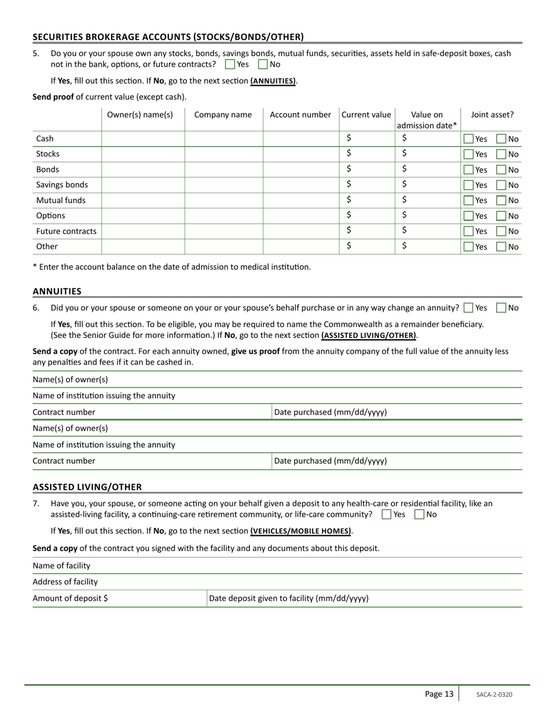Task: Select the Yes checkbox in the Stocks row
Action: click(469, 154)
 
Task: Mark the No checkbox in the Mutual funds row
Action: click(501, 200)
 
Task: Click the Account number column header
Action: click(300, 115)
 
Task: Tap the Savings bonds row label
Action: click(62, 184)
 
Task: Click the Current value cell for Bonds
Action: click(367, 169)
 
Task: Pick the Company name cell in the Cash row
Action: click(224, 139)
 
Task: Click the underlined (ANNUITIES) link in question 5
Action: click(273, 81)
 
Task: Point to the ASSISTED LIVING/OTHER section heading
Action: click(87, 487)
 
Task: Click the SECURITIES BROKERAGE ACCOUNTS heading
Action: click(168, 37)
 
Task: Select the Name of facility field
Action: click(304, 566)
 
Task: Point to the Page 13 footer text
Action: click(439, 694)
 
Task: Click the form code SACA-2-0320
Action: click(494, 695)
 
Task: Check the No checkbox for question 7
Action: click(419, 514)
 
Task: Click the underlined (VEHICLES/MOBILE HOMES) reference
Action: click(301, 531)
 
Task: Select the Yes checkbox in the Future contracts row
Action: click(469, 231)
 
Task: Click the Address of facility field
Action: click(304, 582)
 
